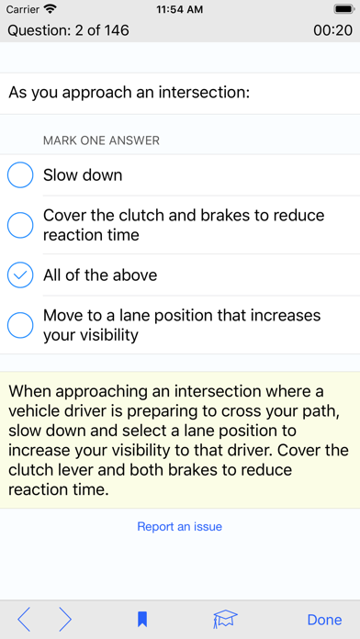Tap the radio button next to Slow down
click(x=20, y=174)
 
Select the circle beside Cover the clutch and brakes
click(x=20, y=225)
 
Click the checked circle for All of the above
click(x=20, y=275)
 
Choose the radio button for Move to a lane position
click(x=20, y=325)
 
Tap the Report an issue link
click(x=179, y=526)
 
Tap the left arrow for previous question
click(x=24, y=620)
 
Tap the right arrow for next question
click(x=65, y=620)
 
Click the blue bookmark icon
click(x=142, y=620)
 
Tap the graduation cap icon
click(x=225, y=620)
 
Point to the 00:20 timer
click(x=333, y=30)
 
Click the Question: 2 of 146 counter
click(x=69, y=30)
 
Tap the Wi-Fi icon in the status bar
click(x=51, y=8)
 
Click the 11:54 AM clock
click(x=180, y=9)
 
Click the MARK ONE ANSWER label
click(x=101, y=140)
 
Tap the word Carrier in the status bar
click(x=23, y=9)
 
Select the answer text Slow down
click(x=83, y=175)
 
